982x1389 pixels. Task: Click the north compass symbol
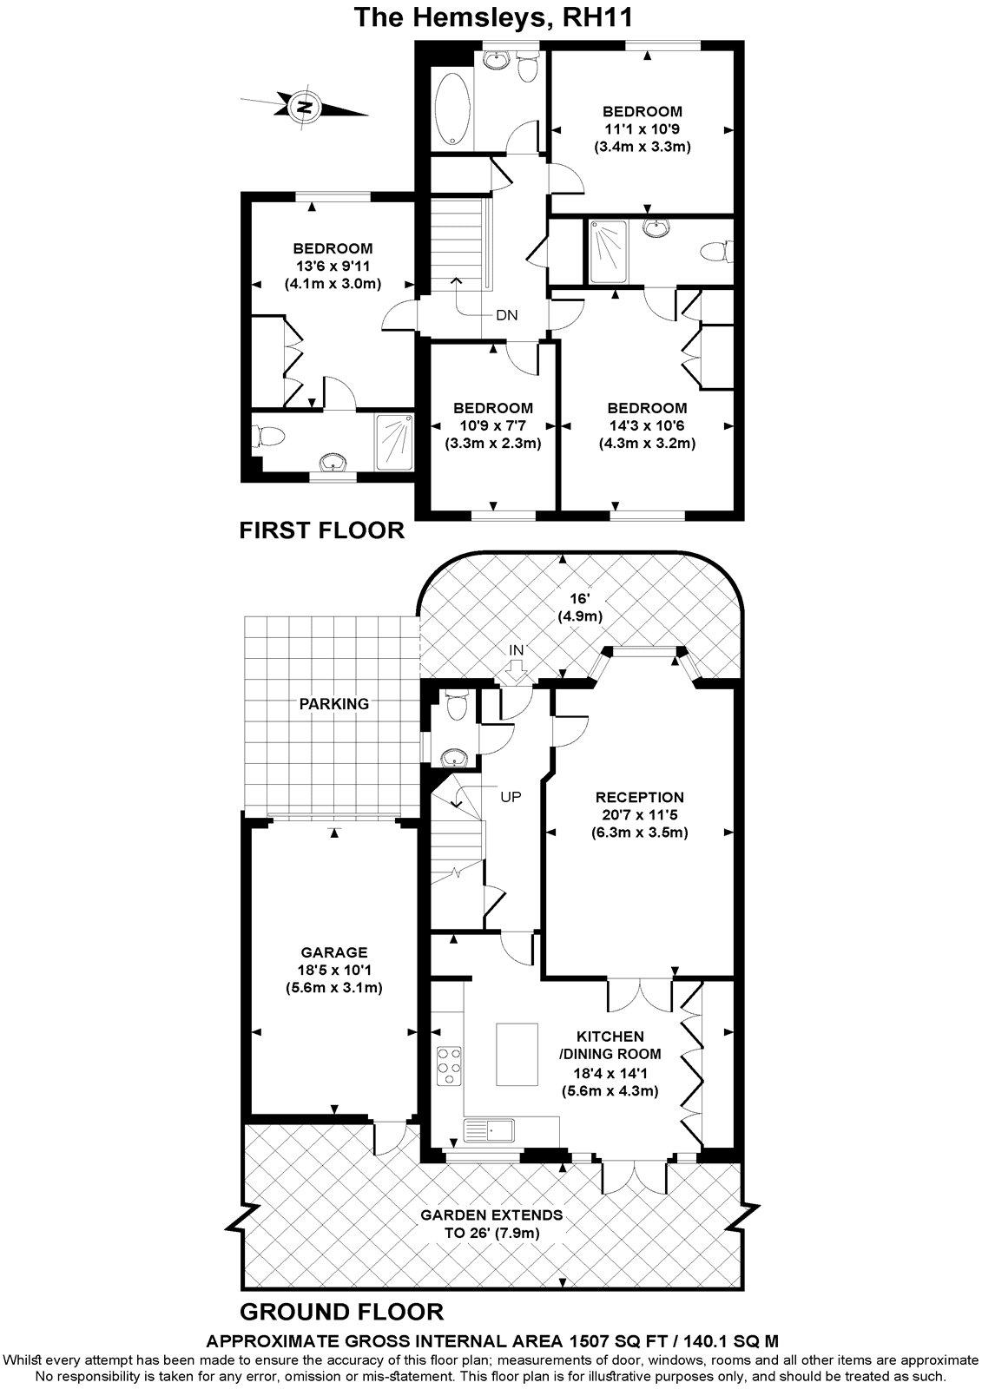pos(304,107)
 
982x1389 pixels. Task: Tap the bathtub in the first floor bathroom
pos(452,109)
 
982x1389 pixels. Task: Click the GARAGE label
pos(334,952)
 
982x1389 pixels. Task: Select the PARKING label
pos(334,703)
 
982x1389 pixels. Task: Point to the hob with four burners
pos(449,1065)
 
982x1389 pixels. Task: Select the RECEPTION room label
pos(641,797)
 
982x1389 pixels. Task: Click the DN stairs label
pos(507,315)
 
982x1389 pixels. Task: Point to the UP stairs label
pos(511,795)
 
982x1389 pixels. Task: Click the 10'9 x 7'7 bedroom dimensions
pos(493,425)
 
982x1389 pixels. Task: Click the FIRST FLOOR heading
pos(321,530)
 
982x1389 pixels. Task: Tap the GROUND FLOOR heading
pos(341,1311)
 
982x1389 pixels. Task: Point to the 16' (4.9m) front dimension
pos(579,608)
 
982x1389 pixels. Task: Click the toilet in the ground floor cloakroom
pos(454,706)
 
